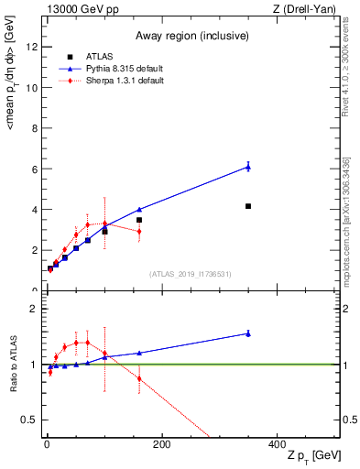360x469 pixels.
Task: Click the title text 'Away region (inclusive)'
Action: pos(191,37)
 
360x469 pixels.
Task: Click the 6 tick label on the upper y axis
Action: pos(33,169)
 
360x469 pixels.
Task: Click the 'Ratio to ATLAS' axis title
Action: pos(14,365)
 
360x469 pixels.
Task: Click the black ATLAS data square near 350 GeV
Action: pos(248,206)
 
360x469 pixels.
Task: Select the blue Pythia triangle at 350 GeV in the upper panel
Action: pos(248,167)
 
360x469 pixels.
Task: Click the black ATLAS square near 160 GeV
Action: pos(139,220)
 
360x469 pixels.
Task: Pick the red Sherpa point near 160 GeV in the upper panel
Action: pos(139,232)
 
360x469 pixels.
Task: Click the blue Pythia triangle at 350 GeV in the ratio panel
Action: pos(248,333)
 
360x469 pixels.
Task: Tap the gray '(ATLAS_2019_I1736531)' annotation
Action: pos(189,273)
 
